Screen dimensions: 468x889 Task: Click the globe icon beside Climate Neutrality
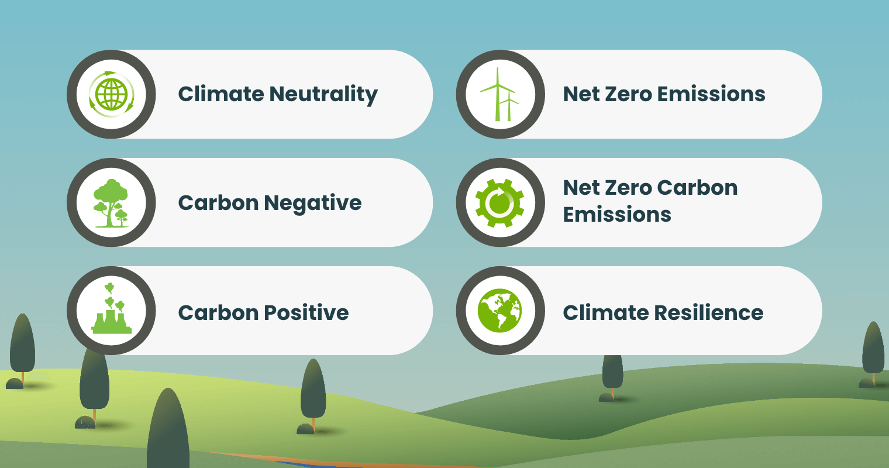pyautogui.click(x=111, y=94)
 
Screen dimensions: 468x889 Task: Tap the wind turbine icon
pyautogui.click(x=500, y=94)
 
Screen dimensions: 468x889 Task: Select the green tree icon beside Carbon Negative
pyautogui.click(x=111, y=203)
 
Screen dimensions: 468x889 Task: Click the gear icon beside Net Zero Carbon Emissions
pyautogui.click(x=500, y=203)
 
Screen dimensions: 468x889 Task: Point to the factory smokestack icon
pyautogui.click(x=111, y=311)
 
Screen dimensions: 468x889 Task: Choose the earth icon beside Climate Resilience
pyautogui.click(x=500, y=311)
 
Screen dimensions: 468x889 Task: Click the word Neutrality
pyautogui.click(x=324, y=95)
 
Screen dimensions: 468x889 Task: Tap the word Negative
pyautogui.click(x=312, y=203)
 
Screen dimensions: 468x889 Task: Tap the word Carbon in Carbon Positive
pyautogui.click(x=218, y=312)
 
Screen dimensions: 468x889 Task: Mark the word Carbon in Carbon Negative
pyautogui.click(x=218, y=203)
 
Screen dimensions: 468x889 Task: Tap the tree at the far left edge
pyautogui.click(x=22, y=345)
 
